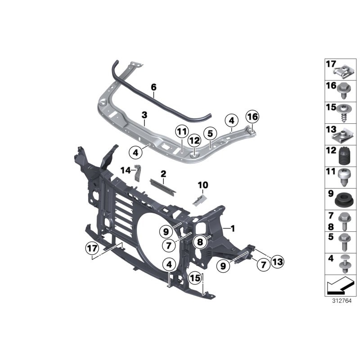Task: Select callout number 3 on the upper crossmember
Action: [144, 115]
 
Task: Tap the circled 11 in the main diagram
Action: [181, 132]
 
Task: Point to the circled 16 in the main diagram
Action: [252, 117]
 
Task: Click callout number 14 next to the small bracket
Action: [125, 170]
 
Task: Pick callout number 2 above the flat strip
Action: [163, 173]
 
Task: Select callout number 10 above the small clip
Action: [203, 184]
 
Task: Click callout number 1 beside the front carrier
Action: [233, 228]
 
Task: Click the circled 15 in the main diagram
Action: [194, 278]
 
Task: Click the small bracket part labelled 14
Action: [138, 173]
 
